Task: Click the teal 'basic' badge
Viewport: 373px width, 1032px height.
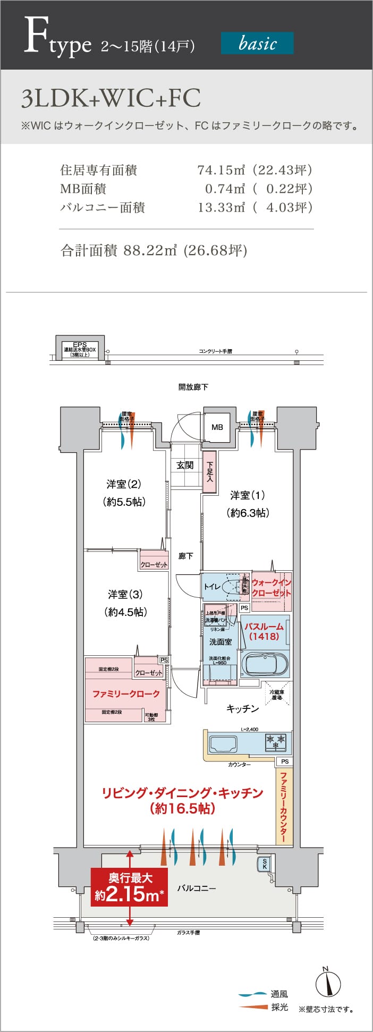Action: (x=257, y=43)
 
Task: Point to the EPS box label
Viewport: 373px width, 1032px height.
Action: (x=80, y=349)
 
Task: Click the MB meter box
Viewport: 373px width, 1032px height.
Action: (x=217, y=427)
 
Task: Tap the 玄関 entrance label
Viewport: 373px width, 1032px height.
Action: (x=185, y=466)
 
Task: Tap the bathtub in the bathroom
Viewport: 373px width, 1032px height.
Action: (x=265, y=664)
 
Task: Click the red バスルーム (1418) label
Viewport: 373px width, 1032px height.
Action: (x=264, y=631)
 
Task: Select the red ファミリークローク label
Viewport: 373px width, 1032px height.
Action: (x=126, y=694)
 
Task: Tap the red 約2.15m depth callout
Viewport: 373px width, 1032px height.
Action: (x=129, y=887)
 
